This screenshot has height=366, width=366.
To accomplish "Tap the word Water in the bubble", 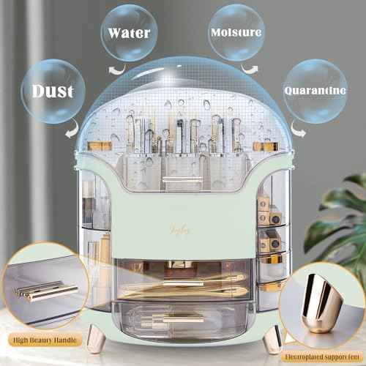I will pos(130,34).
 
